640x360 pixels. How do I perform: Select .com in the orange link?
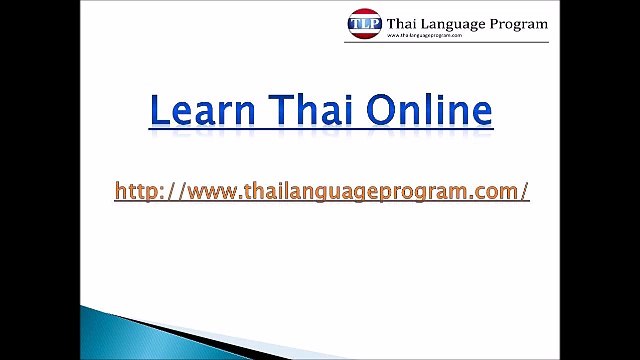(494, 191)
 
